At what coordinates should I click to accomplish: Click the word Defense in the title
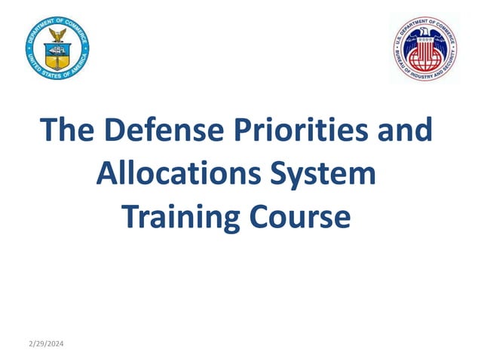(158, 130)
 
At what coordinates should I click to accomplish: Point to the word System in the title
(326, 174)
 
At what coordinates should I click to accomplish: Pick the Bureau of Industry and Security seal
(424, 49)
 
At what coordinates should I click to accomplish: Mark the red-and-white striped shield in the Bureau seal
(425, 49)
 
